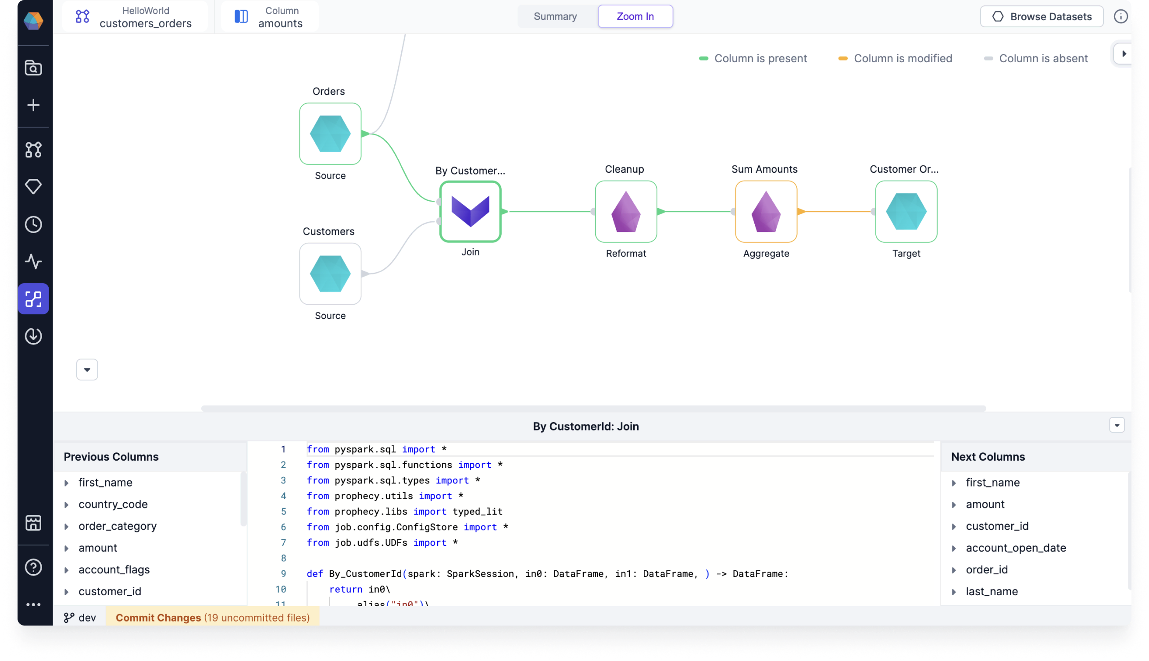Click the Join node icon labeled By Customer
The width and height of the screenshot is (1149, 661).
[470, 212]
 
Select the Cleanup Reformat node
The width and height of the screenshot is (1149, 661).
[626, 212]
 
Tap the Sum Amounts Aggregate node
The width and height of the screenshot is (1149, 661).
[766, 212]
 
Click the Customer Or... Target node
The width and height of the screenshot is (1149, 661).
[906, 212]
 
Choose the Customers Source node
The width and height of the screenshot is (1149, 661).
[330, 274]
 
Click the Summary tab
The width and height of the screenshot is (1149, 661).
[555, 16]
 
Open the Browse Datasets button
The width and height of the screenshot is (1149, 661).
[1042, 16]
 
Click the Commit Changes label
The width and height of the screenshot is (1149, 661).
[158, 618]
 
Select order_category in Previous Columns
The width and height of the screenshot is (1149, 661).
[118, 526]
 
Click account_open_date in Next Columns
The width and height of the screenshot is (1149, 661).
[1016, 547]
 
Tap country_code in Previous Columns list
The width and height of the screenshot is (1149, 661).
[113, 504]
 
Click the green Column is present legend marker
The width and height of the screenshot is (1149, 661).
[703, 59]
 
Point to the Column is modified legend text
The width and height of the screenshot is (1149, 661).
[903, 59]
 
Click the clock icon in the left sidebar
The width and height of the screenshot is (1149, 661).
[33, 224]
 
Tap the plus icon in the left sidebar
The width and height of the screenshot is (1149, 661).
[33, 105]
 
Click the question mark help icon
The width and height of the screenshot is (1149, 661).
[33, 567]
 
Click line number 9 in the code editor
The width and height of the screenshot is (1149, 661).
[283, 573]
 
